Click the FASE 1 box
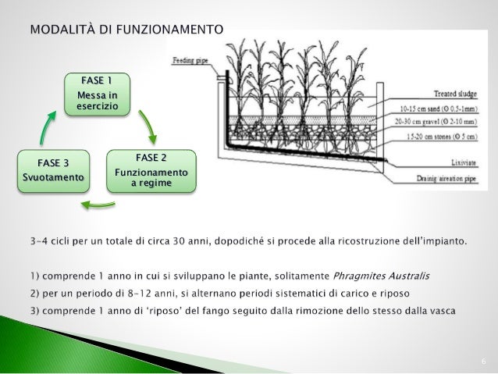[x=97, y=94]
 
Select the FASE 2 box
[x=151, y=171]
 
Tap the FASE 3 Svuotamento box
[x=53, y=171]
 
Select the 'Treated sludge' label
[x=456, y=92]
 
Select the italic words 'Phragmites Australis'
[x=381, y=276]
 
